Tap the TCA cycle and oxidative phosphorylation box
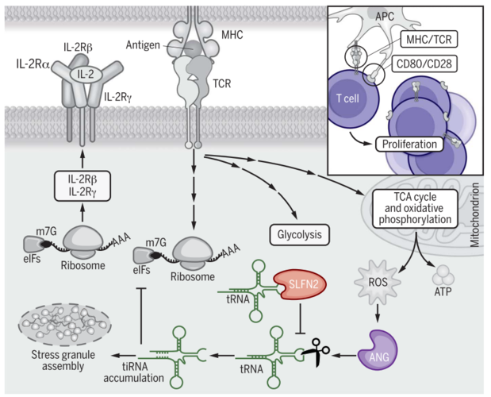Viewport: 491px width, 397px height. [417, 208]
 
